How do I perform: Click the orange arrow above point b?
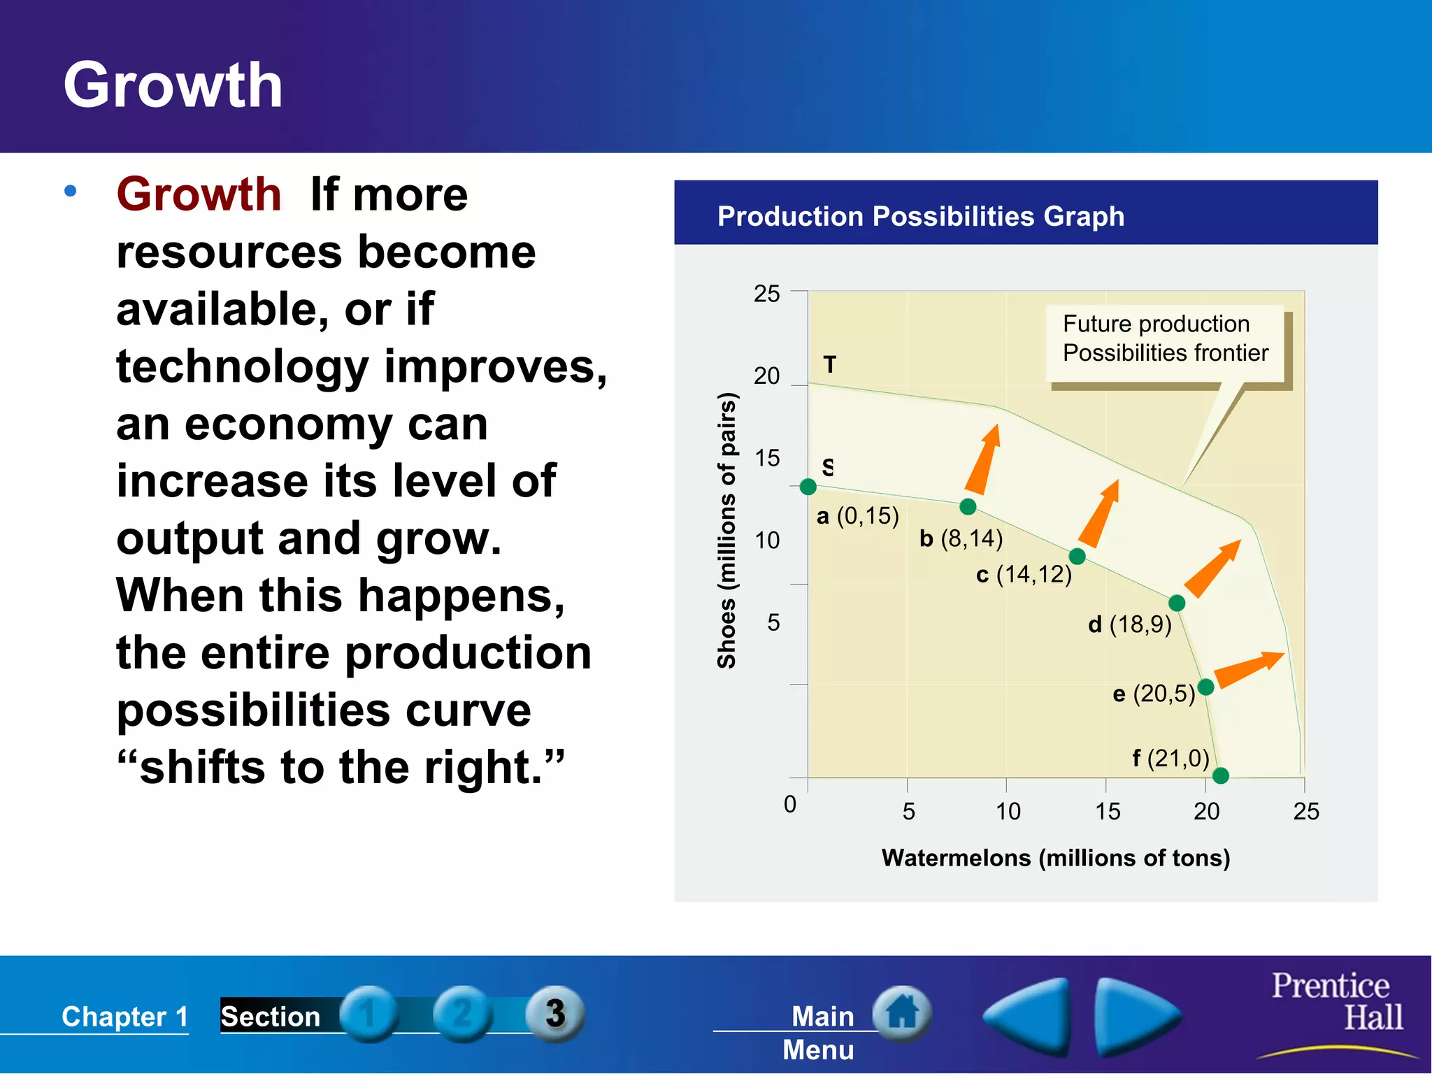pos(984,459)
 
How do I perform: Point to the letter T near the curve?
pos(830,364)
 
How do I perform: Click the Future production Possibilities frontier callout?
pos(1165,339)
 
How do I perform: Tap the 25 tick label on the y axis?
pos(766,294)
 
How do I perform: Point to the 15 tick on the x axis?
pos(1107,811)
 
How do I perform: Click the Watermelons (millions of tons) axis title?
pos(1055,857)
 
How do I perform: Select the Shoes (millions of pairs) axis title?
pos(727,531)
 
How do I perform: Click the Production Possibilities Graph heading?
pos(920,216)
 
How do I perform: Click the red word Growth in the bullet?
pos(199,194)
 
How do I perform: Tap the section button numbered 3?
pos(554,1013)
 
